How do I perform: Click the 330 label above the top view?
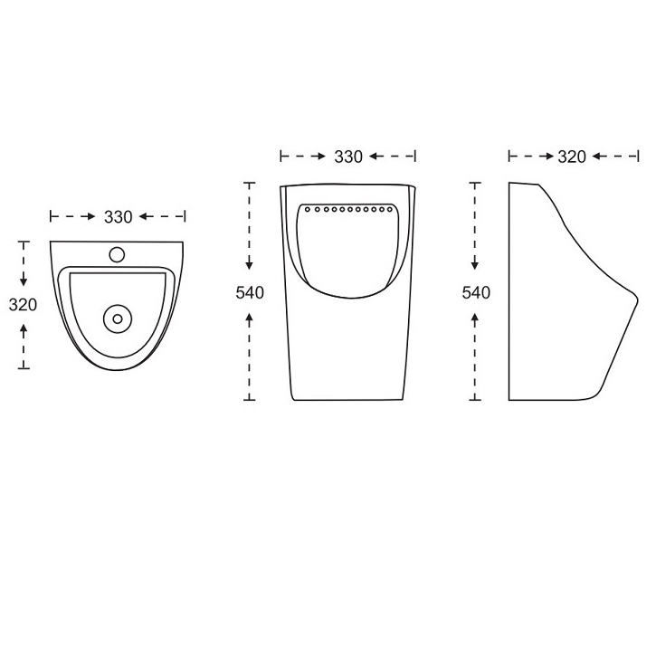tap(119, 217)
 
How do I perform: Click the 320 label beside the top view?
tap(23, 305)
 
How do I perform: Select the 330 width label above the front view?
tap(348, 157)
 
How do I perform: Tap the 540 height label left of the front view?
tap(250, 293)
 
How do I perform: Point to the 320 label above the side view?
tap(572, 157)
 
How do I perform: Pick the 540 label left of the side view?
tap(476, 293)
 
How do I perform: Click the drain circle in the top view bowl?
tap(118, 318)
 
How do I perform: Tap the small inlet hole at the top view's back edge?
tap(117, 254)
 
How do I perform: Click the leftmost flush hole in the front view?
tap(308, 209)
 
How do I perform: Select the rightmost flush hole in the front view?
tap(390, 209)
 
